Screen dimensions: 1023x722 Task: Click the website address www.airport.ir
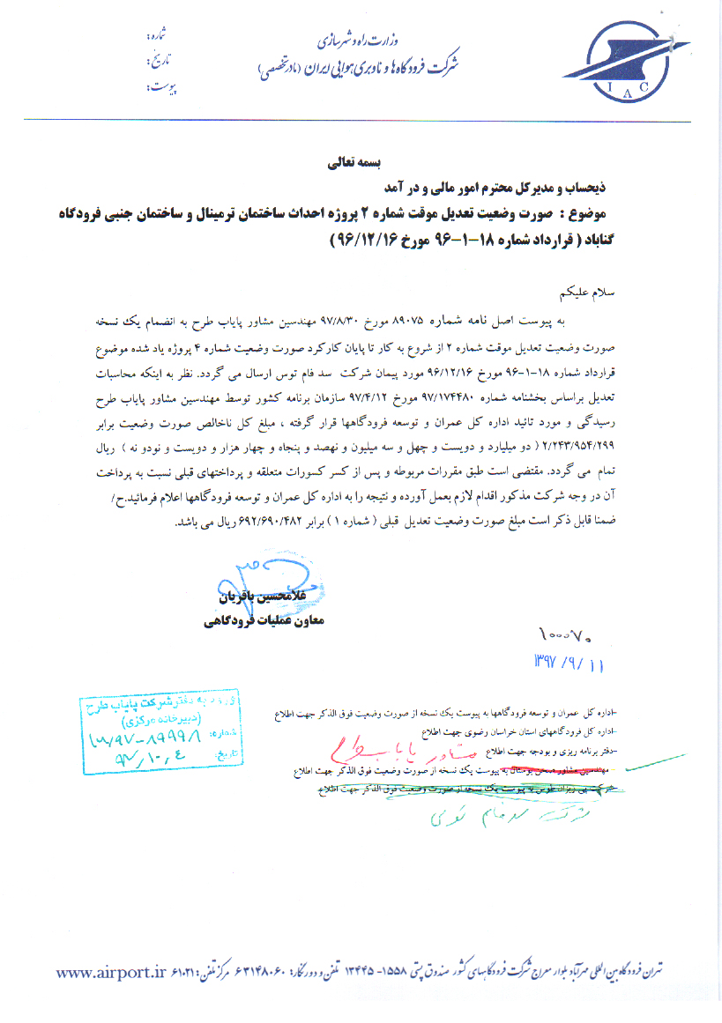[111, 972]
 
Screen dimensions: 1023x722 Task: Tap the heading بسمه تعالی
[327, 163]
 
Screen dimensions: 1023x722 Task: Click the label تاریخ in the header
[158, 63]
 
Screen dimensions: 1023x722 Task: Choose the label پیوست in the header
[159, 87]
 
